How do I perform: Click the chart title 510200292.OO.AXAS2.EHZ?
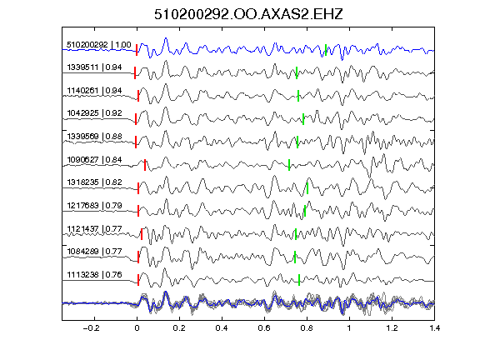point(248,14)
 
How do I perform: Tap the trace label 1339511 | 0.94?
point(94,67)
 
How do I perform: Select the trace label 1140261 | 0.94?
point(94,91)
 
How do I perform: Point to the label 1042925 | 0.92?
point(94,113)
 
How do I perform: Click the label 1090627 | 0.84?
point(94,160)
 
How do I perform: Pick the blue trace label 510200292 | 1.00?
point(99,45)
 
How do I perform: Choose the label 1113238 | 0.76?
point(94,275)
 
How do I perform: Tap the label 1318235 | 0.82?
point(94,182)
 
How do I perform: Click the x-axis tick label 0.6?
point(264,328)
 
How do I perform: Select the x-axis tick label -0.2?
point(91,328)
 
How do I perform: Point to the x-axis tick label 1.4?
point(434,328)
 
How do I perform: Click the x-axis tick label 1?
point(349,328)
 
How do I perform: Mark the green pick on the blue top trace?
point(326,50)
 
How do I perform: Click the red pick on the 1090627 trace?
point(145,165)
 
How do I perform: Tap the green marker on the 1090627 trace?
point(289,165)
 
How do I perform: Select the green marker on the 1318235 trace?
point(307,188)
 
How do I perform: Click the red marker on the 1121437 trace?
point(142,234)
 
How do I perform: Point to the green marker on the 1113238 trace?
point(299,280)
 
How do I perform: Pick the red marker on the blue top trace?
point(137,50)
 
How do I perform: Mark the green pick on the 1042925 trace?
point(303,119)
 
